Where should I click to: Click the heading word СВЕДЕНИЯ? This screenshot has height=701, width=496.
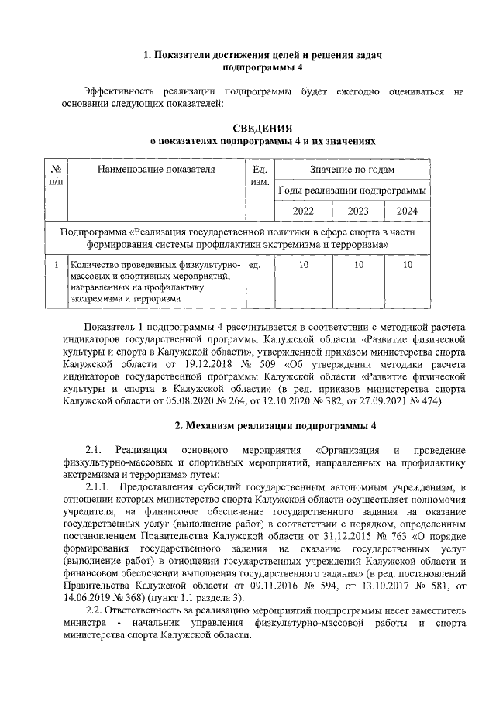pos(263,128)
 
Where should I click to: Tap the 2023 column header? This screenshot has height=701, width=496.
pos(358,211)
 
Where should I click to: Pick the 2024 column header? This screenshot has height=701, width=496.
pos(407,211)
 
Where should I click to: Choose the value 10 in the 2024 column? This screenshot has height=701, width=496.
pos(407,265)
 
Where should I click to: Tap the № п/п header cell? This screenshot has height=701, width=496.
pos(56,175)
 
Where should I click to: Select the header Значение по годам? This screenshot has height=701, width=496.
pos(353,170)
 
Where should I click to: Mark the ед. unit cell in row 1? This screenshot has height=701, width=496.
pos(255,265)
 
